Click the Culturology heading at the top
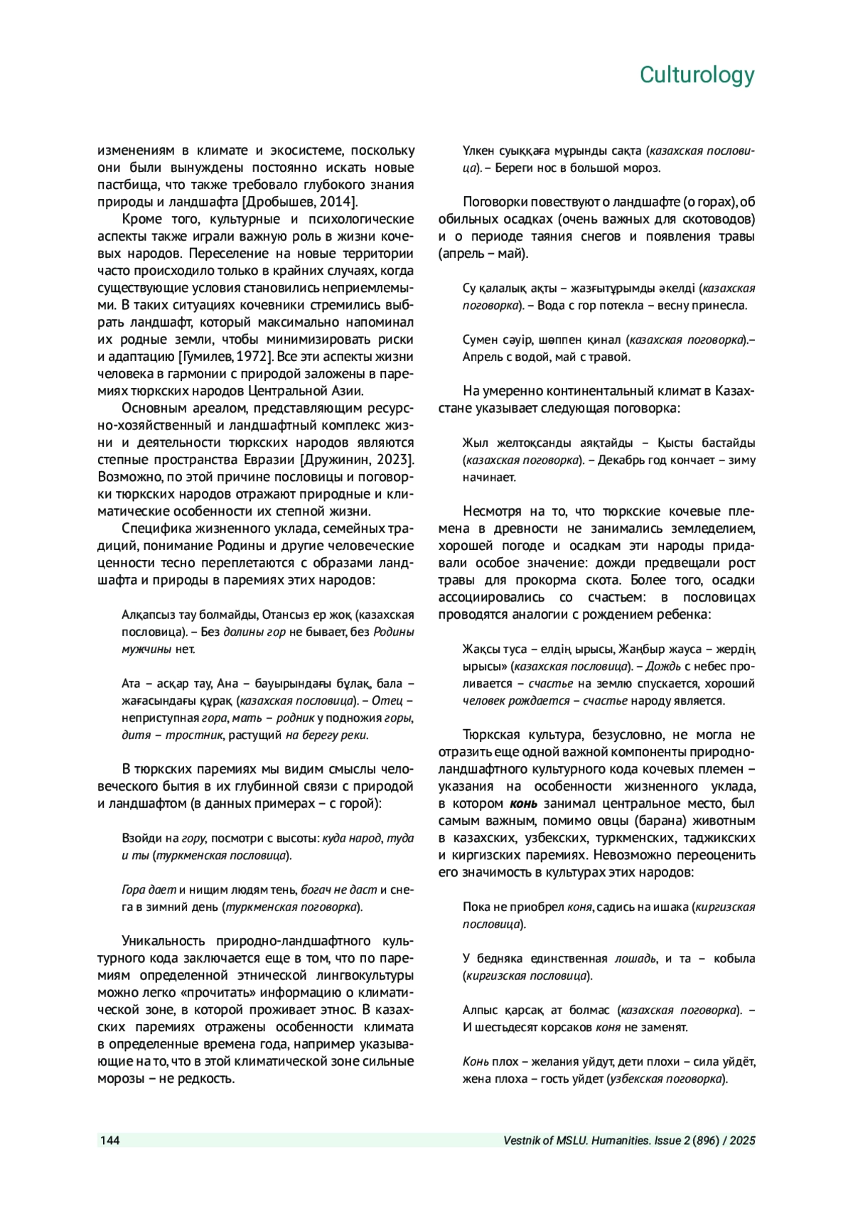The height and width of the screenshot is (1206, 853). pos(697,75)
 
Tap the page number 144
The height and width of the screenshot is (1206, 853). pos(109,1141)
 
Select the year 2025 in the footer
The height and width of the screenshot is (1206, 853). pos(741,1141)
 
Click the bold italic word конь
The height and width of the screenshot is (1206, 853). pos(523,804)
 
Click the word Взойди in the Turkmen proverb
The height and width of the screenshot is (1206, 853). pos(139,838)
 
